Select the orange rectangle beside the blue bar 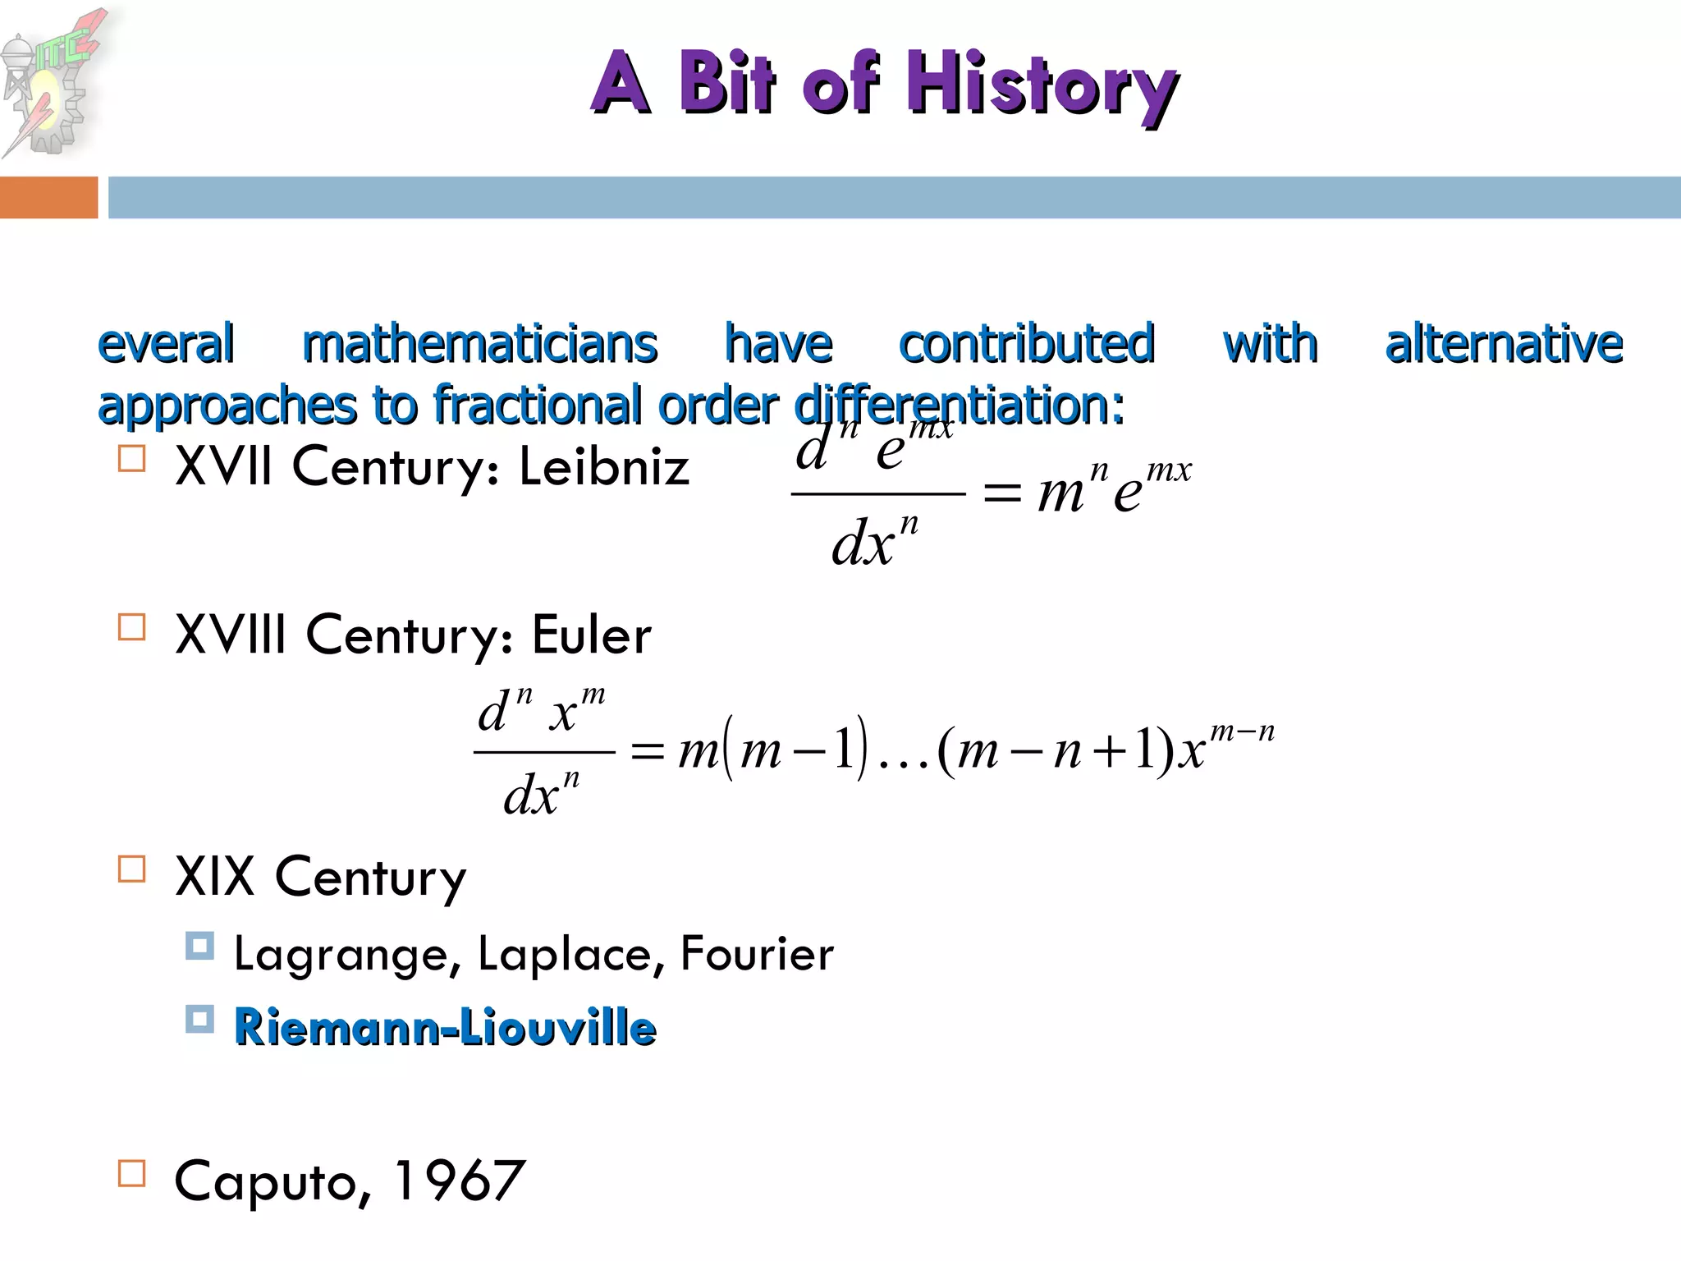48,198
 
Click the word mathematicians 480,344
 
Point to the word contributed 1027,344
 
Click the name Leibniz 604,467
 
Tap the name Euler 592,635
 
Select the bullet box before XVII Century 132,458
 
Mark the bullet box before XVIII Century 132,626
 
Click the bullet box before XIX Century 132,869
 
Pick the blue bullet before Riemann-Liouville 199,1019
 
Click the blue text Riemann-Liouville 445,1027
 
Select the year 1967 460,1181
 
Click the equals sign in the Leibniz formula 1002,493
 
